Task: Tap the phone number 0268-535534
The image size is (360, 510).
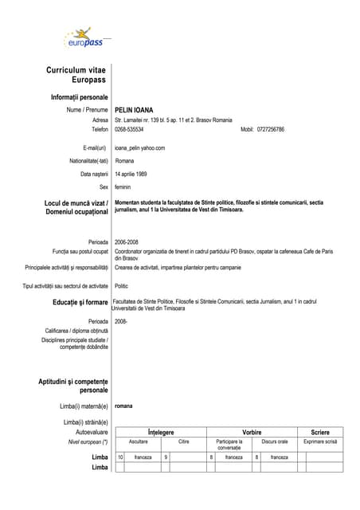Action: (129, 129)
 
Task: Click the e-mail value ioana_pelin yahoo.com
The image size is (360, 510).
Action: (139, 148)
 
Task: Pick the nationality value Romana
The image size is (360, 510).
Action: (124, 161)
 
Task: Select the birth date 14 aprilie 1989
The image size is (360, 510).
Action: (131, 174)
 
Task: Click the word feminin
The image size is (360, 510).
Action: (123, 186)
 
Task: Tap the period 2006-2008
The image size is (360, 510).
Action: (126, 241)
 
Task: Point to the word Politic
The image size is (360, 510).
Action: (121, 285)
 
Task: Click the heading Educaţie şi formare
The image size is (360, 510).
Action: (75, 303)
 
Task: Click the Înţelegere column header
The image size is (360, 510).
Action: (161, 432)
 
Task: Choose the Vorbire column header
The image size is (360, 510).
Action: (252, 432)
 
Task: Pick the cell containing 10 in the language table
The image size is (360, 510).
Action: (120, 457)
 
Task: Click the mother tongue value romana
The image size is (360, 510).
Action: (123, 406)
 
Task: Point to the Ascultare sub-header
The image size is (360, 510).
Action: (138, 441)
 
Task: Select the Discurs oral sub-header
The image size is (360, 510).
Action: (275, 441)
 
